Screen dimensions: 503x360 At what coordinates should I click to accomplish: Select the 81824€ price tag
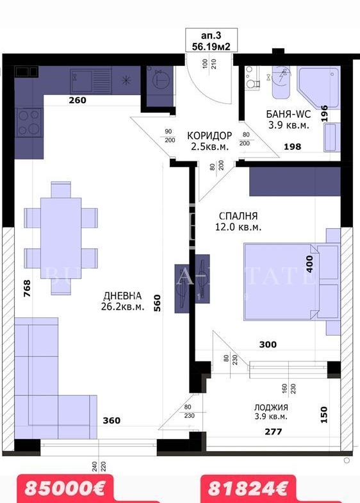pyautogui.click(x=247, y=489)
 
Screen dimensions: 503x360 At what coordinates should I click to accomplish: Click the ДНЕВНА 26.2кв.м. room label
pyautogui.click(x=123, y=301)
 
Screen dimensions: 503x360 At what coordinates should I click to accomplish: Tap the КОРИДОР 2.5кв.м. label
pyautogui.click(x=209, y=141)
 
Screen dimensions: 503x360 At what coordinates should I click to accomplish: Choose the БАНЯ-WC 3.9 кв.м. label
pyautogui.click(x=288, y=120)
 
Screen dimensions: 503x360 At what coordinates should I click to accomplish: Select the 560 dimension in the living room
pyautogui.click(x=156, y=301)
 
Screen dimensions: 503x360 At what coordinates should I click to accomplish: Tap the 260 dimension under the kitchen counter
pyautogui.click(x=78, y=100)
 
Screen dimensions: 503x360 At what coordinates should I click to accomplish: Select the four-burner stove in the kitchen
pyautogui.click(x=28, y=122)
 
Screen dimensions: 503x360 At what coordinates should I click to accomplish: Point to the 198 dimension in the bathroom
pyautogui.click(x=293, y=147)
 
